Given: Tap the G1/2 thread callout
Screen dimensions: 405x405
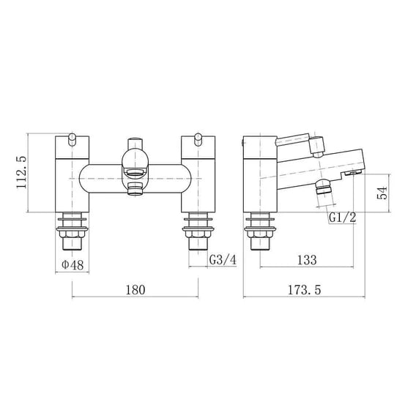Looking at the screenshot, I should point(342,218).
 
